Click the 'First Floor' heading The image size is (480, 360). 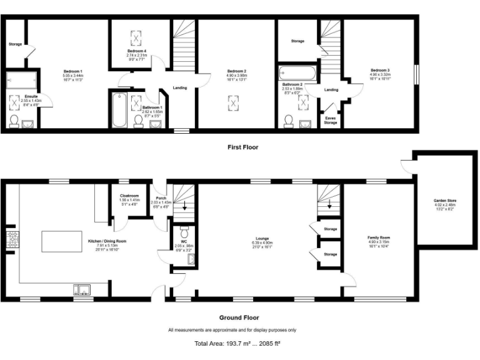[x=242, y=147]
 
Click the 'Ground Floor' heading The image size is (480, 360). [x=240, y=317]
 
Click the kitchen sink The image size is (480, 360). [x=83, y=289]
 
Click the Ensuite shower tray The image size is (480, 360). [x=21, y=82]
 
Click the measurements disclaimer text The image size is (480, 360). [x=232, y=329]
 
